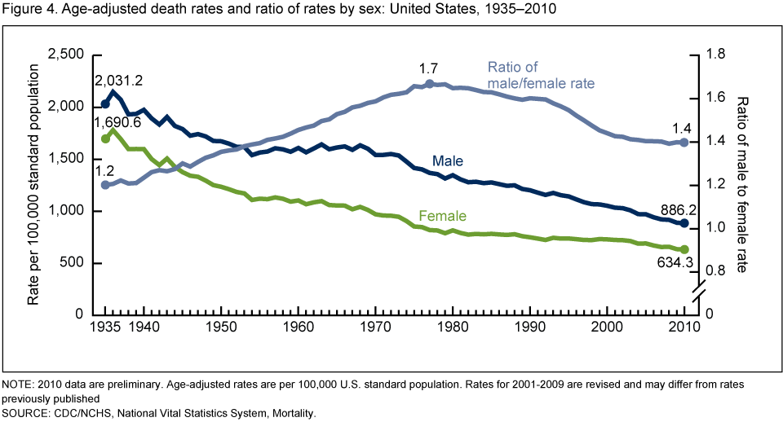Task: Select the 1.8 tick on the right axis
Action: click(x=716, y=54)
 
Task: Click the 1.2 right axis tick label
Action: click(x=716, y=184)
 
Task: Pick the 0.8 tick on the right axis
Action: click(x=716, y=270)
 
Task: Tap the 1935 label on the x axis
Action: click(x=105, y=327)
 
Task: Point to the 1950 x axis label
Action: click(x=221, y=327)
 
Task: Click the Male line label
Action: click(x=448, y=161)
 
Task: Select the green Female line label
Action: click(x=442, y=216)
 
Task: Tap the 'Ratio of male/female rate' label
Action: click(x=541, y=75)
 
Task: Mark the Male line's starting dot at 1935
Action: click(x=105, y=104)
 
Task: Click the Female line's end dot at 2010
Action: click(x=684, y=249)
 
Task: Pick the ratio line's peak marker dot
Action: click(x=430, y=83)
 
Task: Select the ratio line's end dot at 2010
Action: click(x=684, y=143)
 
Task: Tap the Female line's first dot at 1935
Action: click(x=105, y=138)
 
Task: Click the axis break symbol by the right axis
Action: click(x=698, y=290)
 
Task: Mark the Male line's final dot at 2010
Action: click(x=684, y=223)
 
